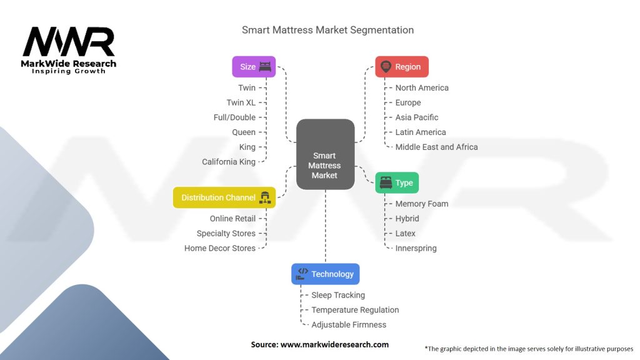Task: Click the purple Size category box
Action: pyautogui.click(x=254, y=67)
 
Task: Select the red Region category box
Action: pyautogui.click(x=402, y=67)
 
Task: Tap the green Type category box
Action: pyautogui.click(x=397, y=182)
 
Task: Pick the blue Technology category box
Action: pyautogui.click(x=325, y=274)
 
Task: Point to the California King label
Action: pyautogui.click(x=229, y=162)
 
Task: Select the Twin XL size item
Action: pyautogui.click(x=241, y=102)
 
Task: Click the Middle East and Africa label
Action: pyautogui.click(x=436, y=147)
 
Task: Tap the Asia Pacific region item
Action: pyautogui.click(x=417, y=117)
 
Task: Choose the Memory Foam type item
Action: pyautogui.click(x=422, y=204)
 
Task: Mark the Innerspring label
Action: pyautogui.click(x=416, y=248)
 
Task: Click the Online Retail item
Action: pyautogui.click(x=232, y=219)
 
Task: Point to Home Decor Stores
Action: pyautogui.click(x=220, y=248)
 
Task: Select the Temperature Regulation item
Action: pyautogui.click(x=355, y=310)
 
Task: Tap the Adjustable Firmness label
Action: pyautogui.click(x=349, y=325)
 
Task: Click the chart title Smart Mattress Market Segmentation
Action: pyautogui.click(x=327, y=30)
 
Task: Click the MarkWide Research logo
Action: pyautogui.click(x=69, y=50)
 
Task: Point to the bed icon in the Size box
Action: pyautogui.click(x=266, y=67)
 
